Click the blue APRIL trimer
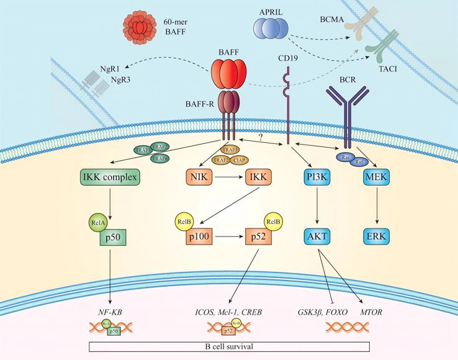271,29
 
